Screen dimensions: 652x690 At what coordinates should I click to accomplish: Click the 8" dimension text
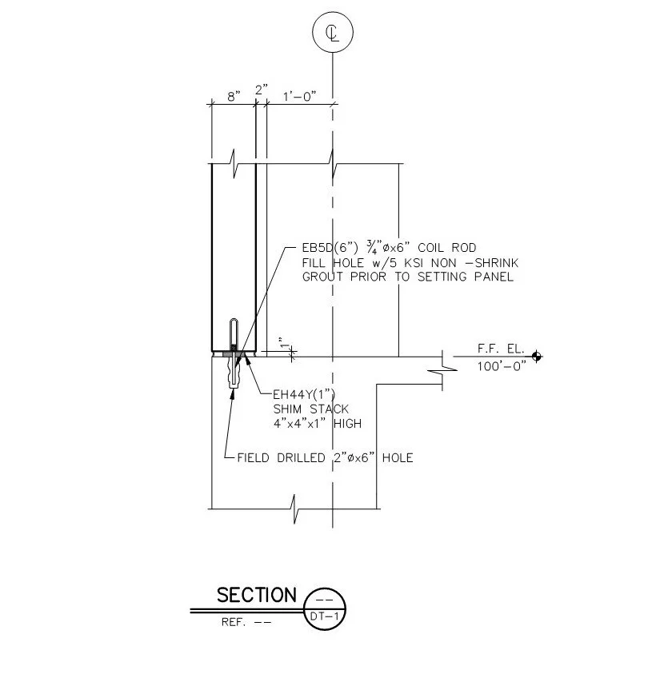coord(234,97)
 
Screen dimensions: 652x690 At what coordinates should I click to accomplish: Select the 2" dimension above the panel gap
coord(262,90)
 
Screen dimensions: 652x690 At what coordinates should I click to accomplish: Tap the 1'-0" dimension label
coord(300,96)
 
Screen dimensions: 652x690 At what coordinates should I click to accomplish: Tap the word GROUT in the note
coord(322,277)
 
